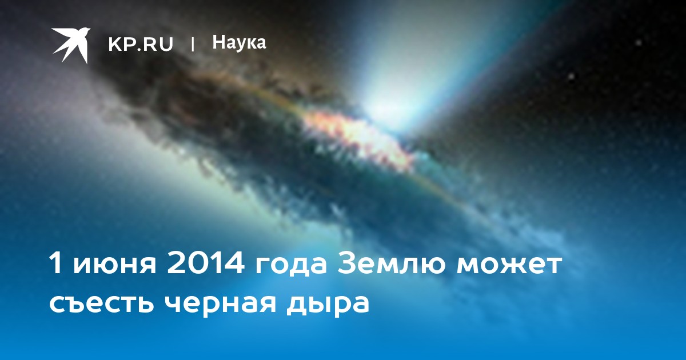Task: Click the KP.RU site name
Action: pos(141,45)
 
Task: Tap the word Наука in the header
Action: pos(239,42)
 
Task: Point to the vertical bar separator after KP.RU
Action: pos(193,45)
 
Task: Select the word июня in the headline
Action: pos(114,267)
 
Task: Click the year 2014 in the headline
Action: pos(205,263)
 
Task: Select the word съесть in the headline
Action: pos(101,305)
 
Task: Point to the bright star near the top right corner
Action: pos(639,43)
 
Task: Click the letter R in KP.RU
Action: pos(148,45)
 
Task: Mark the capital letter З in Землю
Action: pos(345,263)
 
